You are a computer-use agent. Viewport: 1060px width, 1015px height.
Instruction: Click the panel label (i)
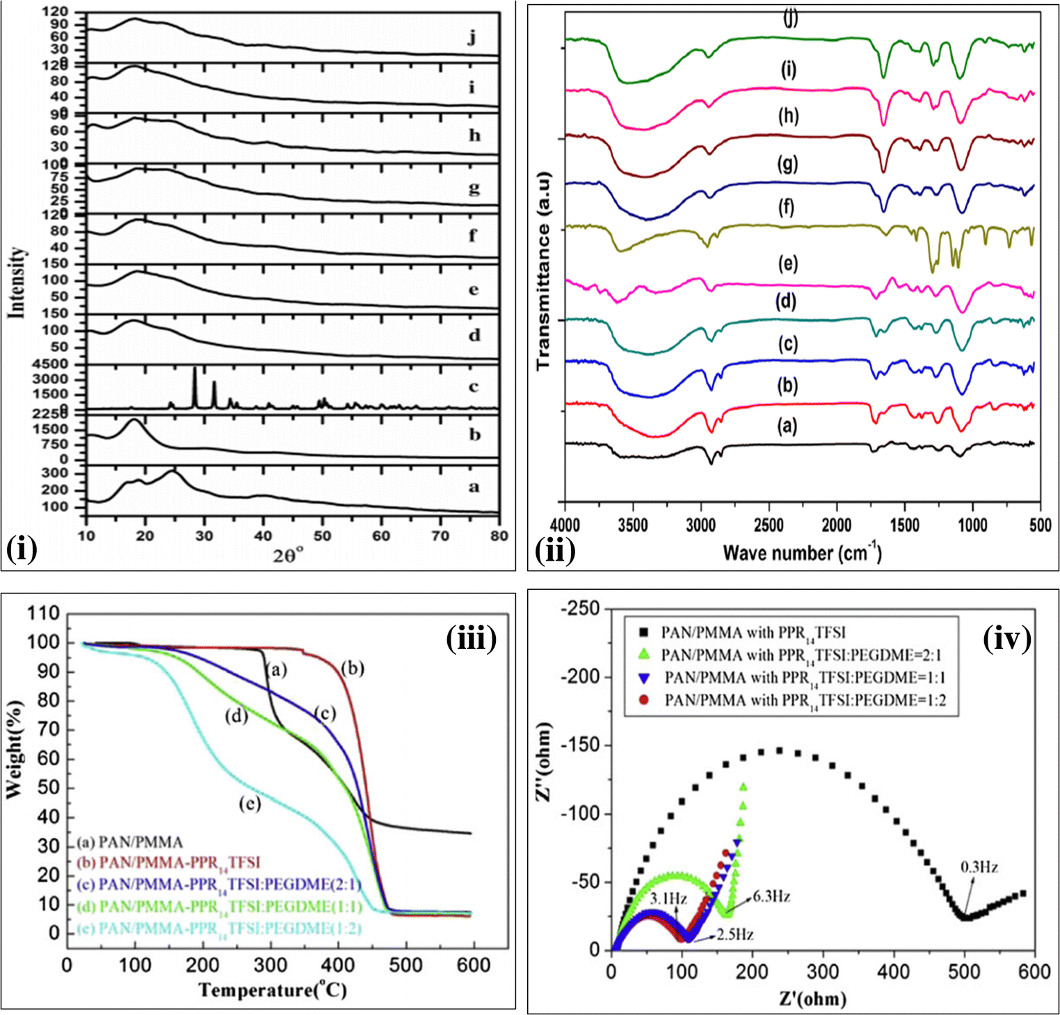click(x=21, y=550)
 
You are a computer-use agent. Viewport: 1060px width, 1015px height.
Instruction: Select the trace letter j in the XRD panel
click(x=472, y=37)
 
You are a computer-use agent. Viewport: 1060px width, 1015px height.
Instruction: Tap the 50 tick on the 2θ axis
click(x=322, y=536)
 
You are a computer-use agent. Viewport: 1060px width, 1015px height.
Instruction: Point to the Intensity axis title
click(x=17, y=282)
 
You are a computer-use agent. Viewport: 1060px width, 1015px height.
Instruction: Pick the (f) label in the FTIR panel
click(x=787, y=207)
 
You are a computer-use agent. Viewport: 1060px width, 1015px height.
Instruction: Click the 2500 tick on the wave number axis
click(x=768, y=526)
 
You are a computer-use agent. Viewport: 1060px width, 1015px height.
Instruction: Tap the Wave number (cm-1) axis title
click(x=802, y=553)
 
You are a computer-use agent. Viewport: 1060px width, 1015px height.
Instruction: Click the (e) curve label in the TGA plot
click(x=250, y=804)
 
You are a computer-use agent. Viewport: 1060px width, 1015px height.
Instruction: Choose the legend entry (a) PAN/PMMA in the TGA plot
click(x=130, y=842)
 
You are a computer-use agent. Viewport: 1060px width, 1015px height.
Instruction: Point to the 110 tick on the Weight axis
click(x=43, y=614)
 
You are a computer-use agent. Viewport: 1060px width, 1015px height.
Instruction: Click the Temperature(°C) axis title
click(x=272, y=989)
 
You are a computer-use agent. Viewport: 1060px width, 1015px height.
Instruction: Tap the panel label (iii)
click(x=472, y=638)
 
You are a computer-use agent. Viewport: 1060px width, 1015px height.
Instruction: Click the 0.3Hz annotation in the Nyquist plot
click(x=979, y=867)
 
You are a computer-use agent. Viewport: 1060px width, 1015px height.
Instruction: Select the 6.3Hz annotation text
click(x=771, y=897)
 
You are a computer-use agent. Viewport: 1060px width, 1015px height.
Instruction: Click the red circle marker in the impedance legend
click(x=644, y=700)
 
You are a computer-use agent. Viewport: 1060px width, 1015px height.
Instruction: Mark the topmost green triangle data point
click(x=744, y=787)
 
